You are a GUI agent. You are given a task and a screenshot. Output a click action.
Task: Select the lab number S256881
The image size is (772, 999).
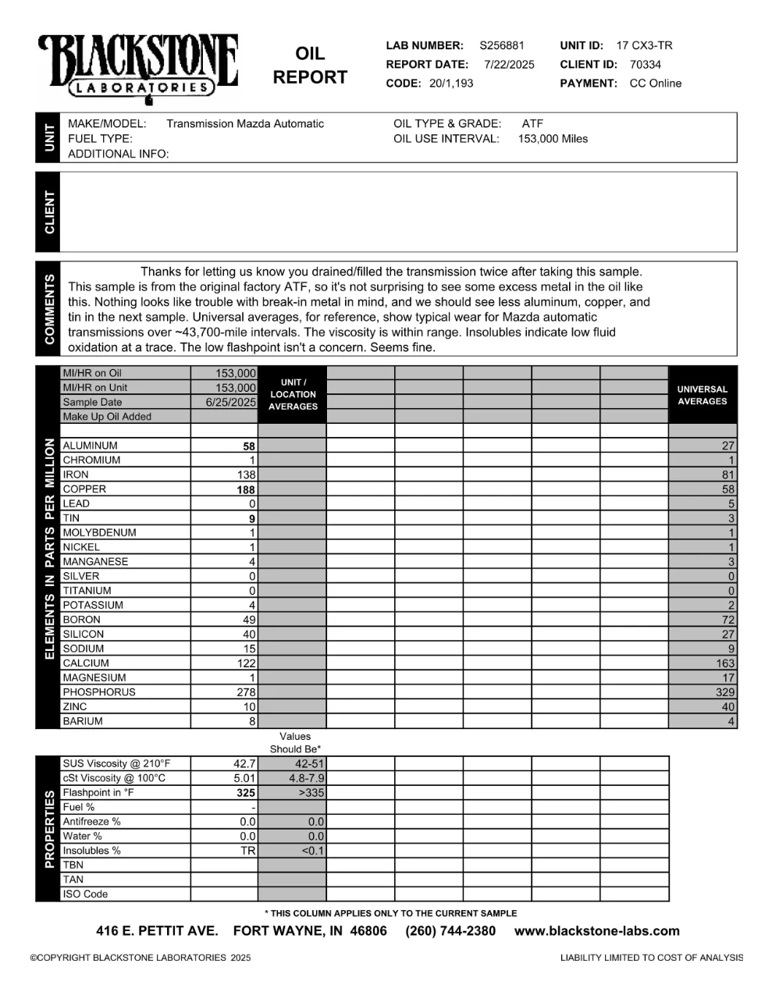[502, 46]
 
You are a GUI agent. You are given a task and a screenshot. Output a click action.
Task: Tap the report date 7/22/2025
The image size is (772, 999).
[509, 65]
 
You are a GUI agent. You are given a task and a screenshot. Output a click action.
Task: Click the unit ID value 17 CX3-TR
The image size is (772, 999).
[644, 46]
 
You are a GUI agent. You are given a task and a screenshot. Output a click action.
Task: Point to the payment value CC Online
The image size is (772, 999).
[655, 84]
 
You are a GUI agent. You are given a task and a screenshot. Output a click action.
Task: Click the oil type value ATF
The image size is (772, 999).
[532, 123]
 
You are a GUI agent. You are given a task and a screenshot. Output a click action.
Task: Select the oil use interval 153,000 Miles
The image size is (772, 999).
[553, 139]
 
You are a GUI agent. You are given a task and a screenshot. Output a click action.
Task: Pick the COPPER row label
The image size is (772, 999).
[84, 489]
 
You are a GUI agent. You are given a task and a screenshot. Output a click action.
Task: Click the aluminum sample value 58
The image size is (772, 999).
[249, 446]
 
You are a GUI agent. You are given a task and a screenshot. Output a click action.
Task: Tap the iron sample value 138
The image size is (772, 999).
[247, 475]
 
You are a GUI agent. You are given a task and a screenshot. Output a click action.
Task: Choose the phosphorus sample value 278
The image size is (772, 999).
[247, 692]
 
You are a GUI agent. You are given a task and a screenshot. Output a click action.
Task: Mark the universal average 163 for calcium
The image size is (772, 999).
[725, 663]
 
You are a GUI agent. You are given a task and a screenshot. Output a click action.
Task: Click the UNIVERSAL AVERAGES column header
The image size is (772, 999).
[702, 395]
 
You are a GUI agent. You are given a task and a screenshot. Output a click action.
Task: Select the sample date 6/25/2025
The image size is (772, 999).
[230, 403]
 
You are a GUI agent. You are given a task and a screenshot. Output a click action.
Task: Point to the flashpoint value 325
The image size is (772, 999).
[246, 793]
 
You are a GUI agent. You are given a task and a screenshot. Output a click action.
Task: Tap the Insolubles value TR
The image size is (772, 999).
[248, 851]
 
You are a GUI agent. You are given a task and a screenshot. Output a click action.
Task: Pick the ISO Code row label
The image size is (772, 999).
[85, 894]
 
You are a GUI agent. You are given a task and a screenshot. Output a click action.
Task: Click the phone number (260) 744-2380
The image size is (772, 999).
[450, 931]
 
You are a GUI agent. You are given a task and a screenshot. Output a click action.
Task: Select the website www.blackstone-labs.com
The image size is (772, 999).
[597, 931]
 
